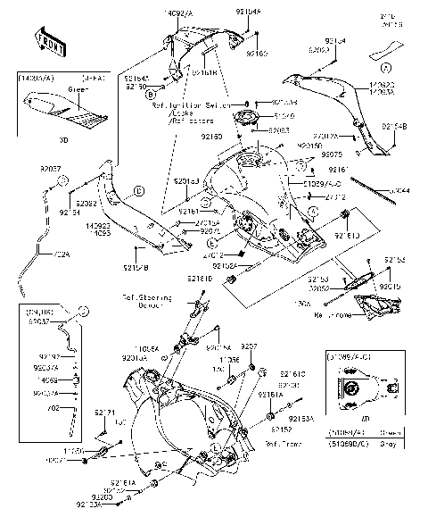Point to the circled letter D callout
pyautogui.click(x=139, y=190)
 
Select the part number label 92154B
pyautogui.click(x=393, y=127)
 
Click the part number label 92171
pyautogui.click(x=106, y=413)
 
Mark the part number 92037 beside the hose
pyautogui.click(x=51, y=167)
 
